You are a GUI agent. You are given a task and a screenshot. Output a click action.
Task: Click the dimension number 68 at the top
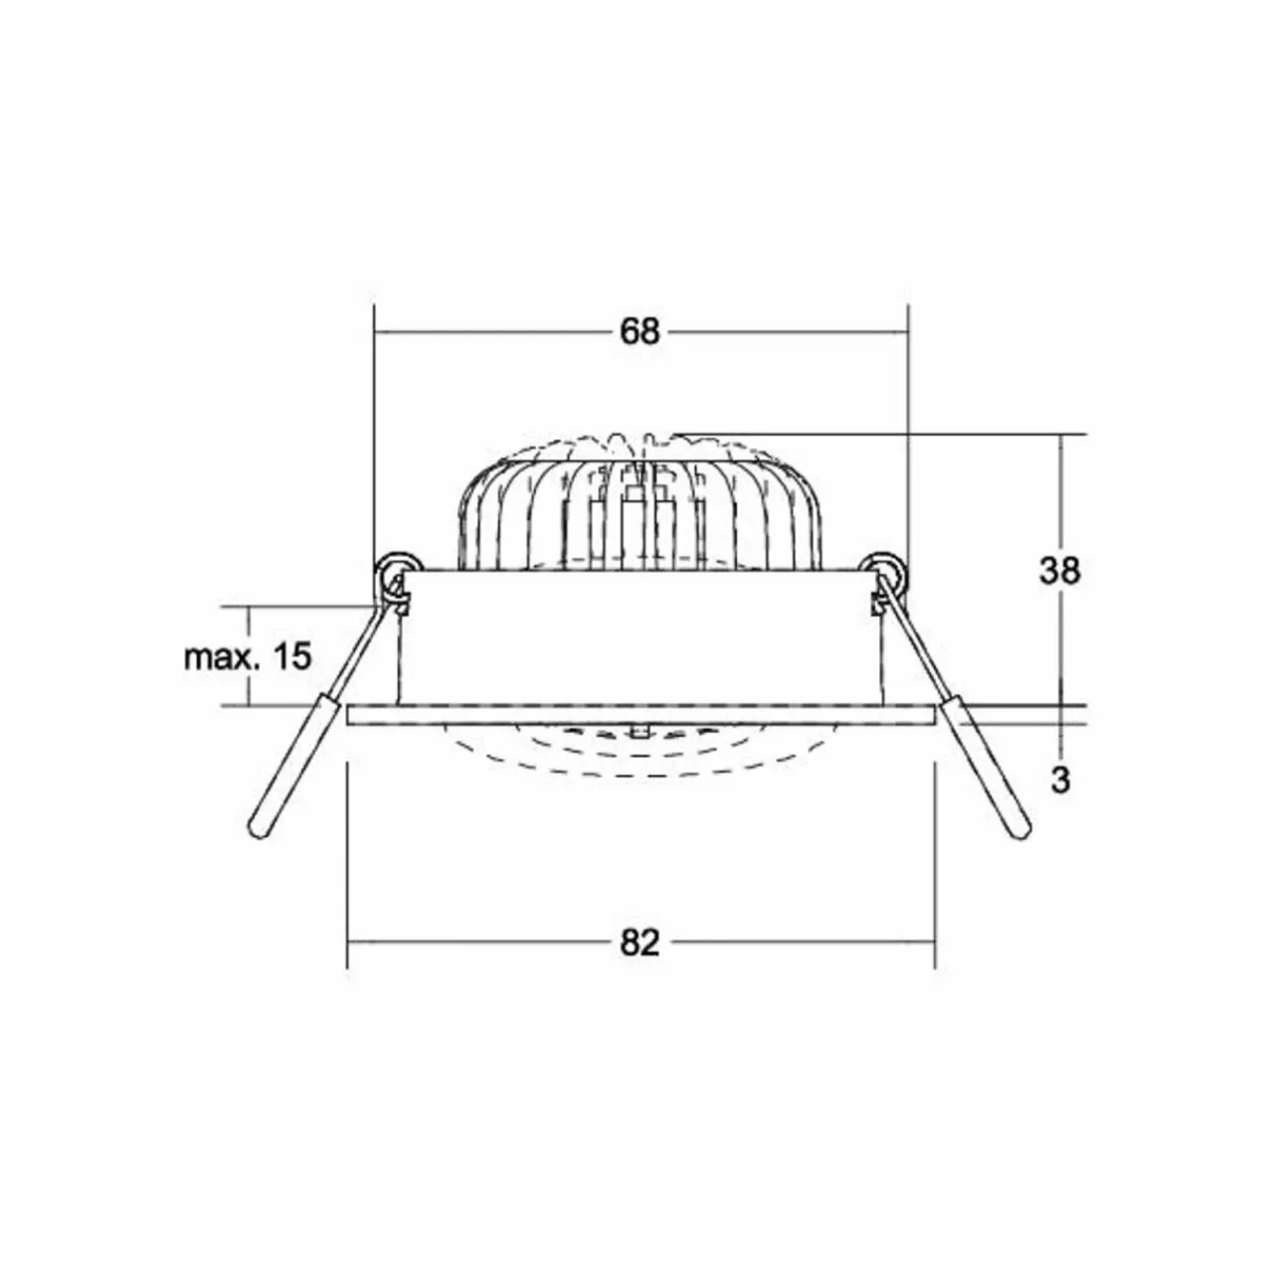click(x=638, y=331)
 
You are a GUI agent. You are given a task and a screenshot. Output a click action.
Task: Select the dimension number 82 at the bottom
click(x=639, y=943)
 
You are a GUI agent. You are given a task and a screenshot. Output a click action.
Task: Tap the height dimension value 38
click(x=1059, y=571)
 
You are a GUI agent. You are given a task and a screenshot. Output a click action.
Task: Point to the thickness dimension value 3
click(x=1059, y=780)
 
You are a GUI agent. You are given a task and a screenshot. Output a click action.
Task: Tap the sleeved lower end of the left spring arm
click(x=294, y=767)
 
